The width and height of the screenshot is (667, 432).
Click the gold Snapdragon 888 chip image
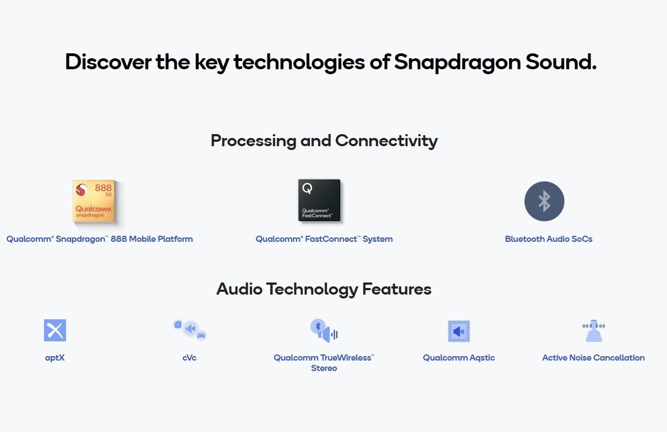pyautogui.click(x=94, y=201)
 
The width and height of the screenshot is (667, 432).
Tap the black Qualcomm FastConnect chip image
pyautogui.click(x=319, y=200)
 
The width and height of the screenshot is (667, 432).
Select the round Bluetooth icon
pyautogui.click(x=544, y=201)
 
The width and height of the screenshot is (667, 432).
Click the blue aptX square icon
pyautogui.click(x=55, y=330)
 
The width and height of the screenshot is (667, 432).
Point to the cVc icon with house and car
pyautogui.click(x=190, y=330)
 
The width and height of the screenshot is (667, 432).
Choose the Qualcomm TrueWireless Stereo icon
pyautogui.click(x=324, y=330)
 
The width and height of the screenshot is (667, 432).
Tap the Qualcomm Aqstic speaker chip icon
pyautogui.click(x=459, y=331)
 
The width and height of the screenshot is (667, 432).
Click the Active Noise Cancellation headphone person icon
pyautogui.click(x=594, y=331)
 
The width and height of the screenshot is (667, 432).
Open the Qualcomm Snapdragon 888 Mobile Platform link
pyautogui.click(x=100, y=239)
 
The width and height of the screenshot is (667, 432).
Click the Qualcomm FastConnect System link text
pyautogui.click(x=324, y=239)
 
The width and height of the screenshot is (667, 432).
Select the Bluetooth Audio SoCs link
pyautogui.click(x=549, y=239)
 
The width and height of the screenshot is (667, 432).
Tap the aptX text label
pyautogui.click(x=55, y=358)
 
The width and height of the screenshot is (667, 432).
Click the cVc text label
pyautogui.click(x=189, y=358)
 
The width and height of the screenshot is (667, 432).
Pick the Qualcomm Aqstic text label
pyautogui.click(x=459, y=358)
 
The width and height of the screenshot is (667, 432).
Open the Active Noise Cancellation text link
pyautogui.click(x=593, y=358)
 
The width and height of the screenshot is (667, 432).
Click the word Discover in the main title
pyautogui.click(x=108, y=62)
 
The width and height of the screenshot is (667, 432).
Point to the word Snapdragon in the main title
pyautogui.click(x=457, y=63)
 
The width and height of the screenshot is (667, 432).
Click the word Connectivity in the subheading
pyautogui.click(x=386, y=141)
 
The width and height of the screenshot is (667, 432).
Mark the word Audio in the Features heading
pyautogui.click(x=239, y=289)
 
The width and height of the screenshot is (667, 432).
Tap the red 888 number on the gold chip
pyautogui.click(x=103, y=188)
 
